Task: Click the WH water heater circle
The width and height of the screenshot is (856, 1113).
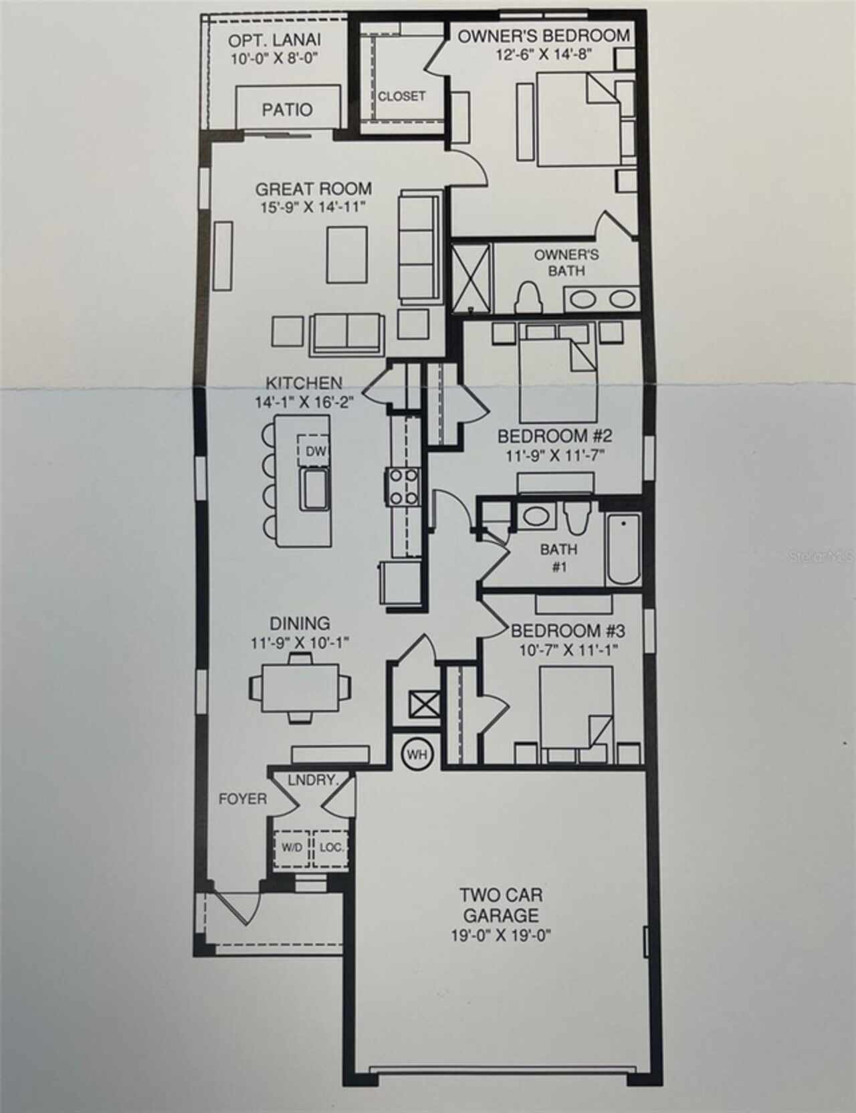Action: click(x=417, y=754)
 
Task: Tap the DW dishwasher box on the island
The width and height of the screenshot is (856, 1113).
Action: click(x=315, y=451)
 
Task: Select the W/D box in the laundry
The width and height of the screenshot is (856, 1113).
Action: click(x=292, y=847)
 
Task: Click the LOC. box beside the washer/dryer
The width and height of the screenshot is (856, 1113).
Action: click(x=331, y=847)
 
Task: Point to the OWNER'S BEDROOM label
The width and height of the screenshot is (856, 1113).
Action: click(x=543, y=35)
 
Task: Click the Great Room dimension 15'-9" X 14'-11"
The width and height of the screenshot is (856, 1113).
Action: click(x=314, y=207)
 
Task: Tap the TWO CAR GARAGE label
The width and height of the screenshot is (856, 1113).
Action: click(x=500, y=904)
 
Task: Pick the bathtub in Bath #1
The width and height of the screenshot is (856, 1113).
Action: click(x=623, y=550)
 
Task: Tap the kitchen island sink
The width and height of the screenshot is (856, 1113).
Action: click(x=314, y=489)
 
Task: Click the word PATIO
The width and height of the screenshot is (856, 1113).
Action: click(x=287, y=109)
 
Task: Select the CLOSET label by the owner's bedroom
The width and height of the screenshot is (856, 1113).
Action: click(x=401, y=96)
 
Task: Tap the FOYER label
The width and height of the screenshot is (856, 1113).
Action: click(x=242, y=799)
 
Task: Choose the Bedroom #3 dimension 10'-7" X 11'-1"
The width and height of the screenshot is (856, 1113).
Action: click(x=568, y=649)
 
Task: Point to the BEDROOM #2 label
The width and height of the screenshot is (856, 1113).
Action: click(x=554, y=437)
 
